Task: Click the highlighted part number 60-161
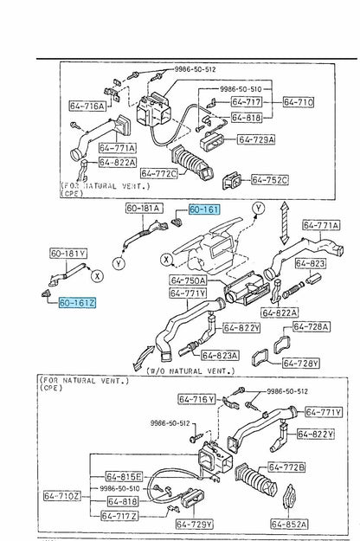204,209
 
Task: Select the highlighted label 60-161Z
77,303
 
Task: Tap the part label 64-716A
87,106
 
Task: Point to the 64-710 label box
299,102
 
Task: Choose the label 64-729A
256,139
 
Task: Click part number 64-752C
270,180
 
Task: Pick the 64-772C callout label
158,173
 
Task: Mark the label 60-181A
145,208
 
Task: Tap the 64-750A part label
188,280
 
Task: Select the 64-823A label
220,355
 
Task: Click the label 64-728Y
301,363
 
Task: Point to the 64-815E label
124,477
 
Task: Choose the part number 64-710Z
62,496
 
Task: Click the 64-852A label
289,524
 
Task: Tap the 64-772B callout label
287,467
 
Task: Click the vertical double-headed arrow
284,223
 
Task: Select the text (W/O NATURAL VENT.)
190,370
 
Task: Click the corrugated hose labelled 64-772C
192,164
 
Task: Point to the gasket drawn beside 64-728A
282,344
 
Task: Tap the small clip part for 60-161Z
46,293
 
